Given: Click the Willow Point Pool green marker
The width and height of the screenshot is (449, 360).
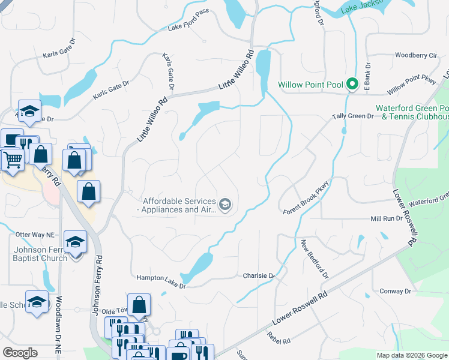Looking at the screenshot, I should [x=352, y=85].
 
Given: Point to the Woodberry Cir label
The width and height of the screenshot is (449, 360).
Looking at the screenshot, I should [x=416, y=56].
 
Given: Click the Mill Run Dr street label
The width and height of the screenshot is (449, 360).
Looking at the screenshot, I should [x=386, y=219].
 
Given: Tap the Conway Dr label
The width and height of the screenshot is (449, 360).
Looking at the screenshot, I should [x=395, y=291].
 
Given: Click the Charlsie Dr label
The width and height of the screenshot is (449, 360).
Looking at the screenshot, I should [x=258, y=276].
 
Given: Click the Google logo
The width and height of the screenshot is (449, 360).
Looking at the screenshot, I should [x=20, y=353].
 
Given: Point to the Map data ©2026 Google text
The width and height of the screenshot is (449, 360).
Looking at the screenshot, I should [x=411, y=355].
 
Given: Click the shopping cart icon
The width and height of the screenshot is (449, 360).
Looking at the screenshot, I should [x=12, y=160].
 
